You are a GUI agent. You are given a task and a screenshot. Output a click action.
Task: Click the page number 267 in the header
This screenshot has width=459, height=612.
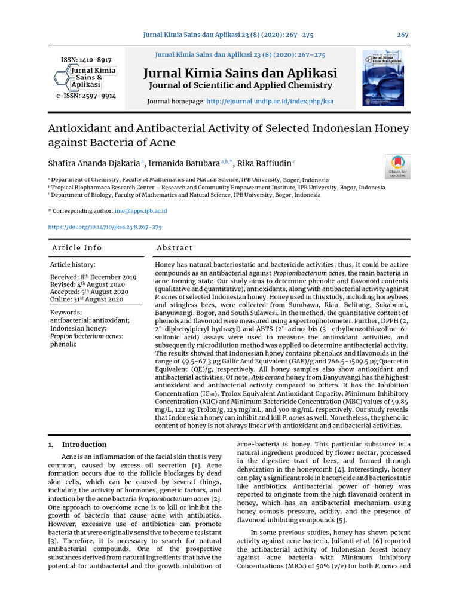point(403,35)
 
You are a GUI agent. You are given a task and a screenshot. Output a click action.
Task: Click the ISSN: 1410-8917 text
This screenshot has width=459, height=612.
point(86,60)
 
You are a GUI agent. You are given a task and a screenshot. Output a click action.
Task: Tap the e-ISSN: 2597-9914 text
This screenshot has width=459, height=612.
point(86,96)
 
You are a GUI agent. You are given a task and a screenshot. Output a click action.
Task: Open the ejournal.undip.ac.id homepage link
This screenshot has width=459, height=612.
point(270,102)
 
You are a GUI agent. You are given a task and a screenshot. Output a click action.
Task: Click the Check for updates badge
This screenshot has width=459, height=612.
point(397,166)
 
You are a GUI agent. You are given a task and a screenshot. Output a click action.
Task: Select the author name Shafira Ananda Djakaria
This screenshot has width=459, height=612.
point(93,163)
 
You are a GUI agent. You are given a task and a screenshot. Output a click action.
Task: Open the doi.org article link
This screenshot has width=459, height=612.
point(105,227)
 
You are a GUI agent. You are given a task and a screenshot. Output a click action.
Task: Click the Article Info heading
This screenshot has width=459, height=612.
point(77,248)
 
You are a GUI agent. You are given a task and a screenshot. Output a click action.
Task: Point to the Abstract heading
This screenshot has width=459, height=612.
point(175,248)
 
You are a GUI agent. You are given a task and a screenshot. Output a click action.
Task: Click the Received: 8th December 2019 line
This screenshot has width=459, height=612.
point(93,277)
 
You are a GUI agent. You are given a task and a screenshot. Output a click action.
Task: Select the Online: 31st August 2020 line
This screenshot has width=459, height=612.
point(87,299)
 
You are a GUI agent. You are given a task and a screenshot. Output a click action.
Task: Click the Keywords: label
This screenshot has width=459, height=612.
point(66,312)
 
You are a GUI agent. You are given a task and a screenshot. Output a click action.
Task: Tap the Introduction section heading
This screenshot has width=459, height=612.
point(84,445)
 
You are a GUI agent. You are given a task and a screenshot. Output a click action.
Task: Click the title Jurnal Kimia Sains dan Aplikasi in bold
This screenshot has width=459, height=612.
point(240,74)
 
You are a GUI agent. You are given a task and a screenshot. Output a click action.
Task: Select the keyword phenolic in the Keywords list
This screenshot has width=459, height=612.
point(63,344)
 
